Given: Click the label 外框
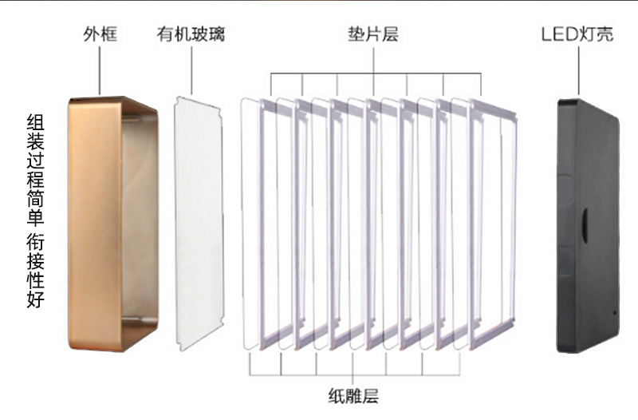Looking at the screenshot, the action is coord(100,34).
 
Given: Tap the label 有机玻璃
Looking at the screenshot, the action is coord(191,34).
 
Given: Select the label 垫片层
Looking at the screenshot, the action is coord(373,34).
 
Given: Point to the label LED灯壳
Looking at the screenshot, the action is coord(577,34).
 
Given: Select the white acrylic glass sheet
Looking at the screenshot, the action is coord(198,224).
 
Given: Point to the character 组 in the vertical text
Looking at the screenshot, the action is coord(35,122).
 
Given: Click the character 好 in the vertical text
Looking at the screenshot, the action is coord(35,301).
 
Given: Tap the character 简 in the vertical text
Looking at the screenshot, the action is coord(35,197).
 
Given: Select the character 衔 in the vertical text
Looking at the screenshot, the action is coord(35,241).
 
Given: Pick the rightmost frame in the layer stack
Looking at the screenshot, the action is coord(494,224).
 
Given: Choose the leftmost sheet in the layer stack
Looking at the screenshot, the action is coord(254,224).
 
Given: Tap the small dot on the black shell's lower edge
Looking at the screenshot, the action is coord(613,313).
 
